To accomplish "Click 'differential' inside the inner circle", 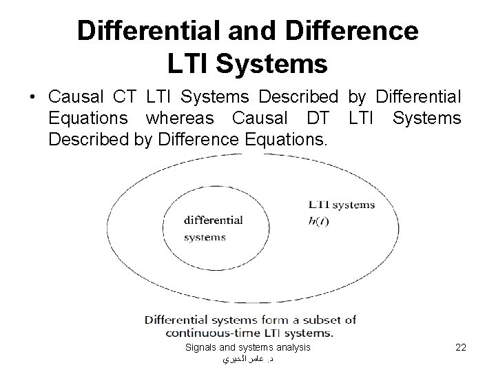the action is [x=213, y=220].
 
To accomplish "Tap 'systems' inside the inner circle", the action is [x=205, y=238].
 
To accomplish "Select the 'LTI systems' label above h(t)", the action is [x=341, y=205].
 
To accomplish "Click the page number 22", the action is [x=461, y=348].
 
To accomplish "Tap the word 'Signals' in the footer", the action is [x=203, y=348].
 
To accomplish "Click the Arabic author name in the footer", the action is [x=247, y=359].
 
